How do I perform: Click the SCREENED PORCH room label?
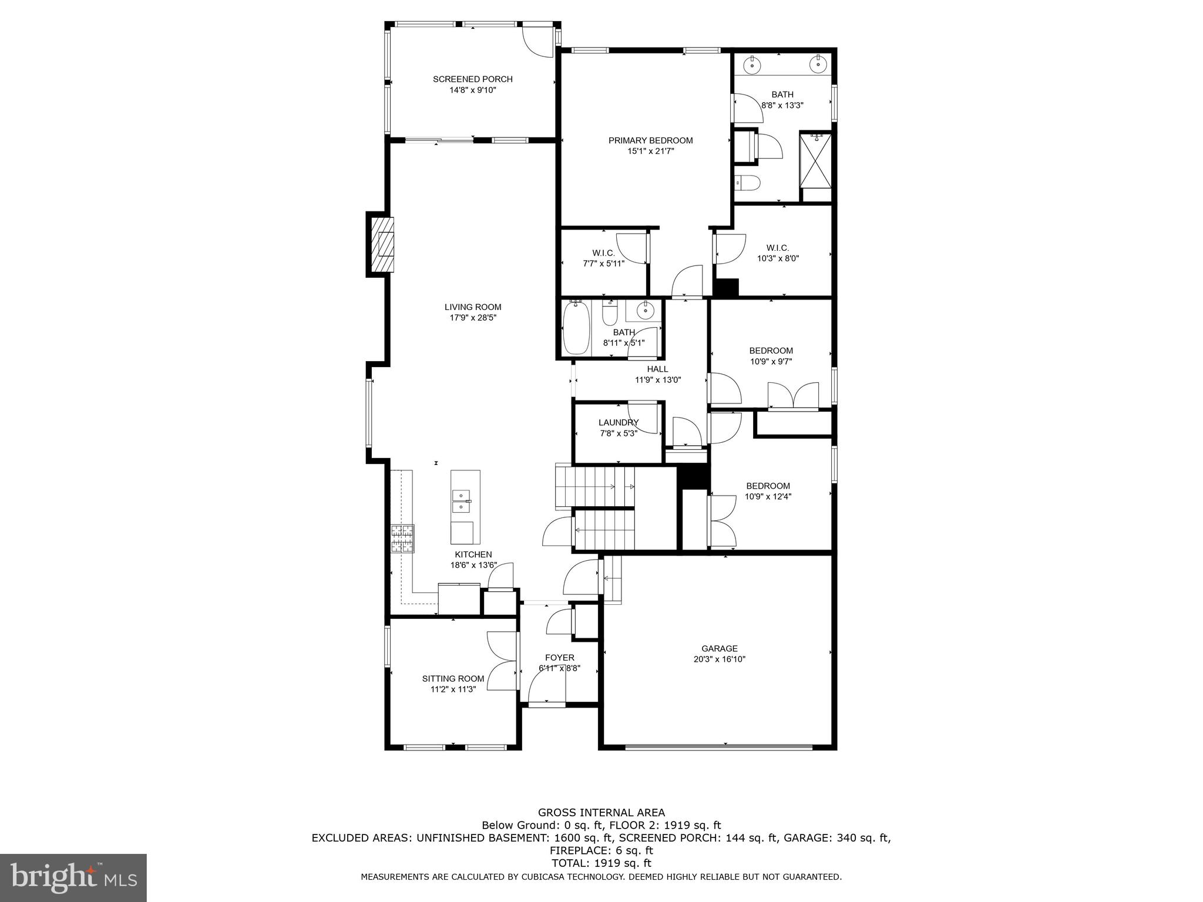472,79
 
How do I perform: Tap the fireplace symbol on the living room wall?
382,244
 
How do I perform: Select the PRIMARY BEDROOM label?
650,140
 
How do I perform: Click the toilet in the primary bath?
748,184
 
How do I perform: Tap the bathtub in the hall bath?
576,328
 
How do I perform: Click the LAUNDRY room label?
618,423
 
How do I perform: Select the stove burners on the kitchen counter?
403,538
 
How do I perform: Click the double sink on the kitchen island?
462,501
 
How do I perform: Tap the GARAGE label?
719,648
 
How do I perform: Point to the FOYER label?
559,658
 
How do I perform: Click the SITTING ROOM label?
453,679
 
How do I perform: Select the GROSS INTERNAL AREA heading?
601,813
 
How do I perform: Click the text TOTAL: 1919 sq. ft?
601,863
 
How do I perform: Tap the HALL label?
657,369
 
